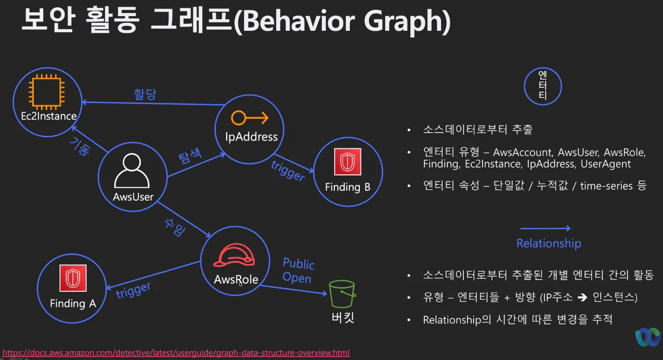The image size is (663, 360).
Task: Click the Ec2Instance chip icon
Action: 47,92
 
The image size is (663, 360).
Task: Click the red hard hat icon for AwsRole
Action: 236,255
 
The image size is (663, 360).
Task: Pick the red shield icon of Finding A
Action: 73,278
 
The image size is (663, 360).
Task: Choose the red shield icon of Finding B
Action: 347,162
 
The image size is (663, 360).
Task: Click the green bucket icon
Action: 342,294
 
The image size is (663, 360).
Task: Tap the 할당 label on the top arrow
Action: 145,94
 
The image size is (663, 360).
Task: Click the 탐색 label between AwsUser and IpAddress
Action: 190,157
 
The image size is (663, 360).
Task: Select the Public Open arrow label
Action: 298,271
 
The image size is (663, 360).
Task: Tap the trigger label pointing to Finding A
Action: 133,291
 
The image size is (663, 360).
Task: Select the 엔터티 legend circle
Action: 543,87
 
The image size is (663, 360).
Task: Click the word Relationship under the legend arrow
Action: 549,243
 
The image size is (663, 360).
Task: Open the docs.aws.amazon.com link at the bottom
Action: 176,353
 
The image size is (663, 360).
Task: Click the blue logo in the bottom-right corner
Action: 648,337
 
